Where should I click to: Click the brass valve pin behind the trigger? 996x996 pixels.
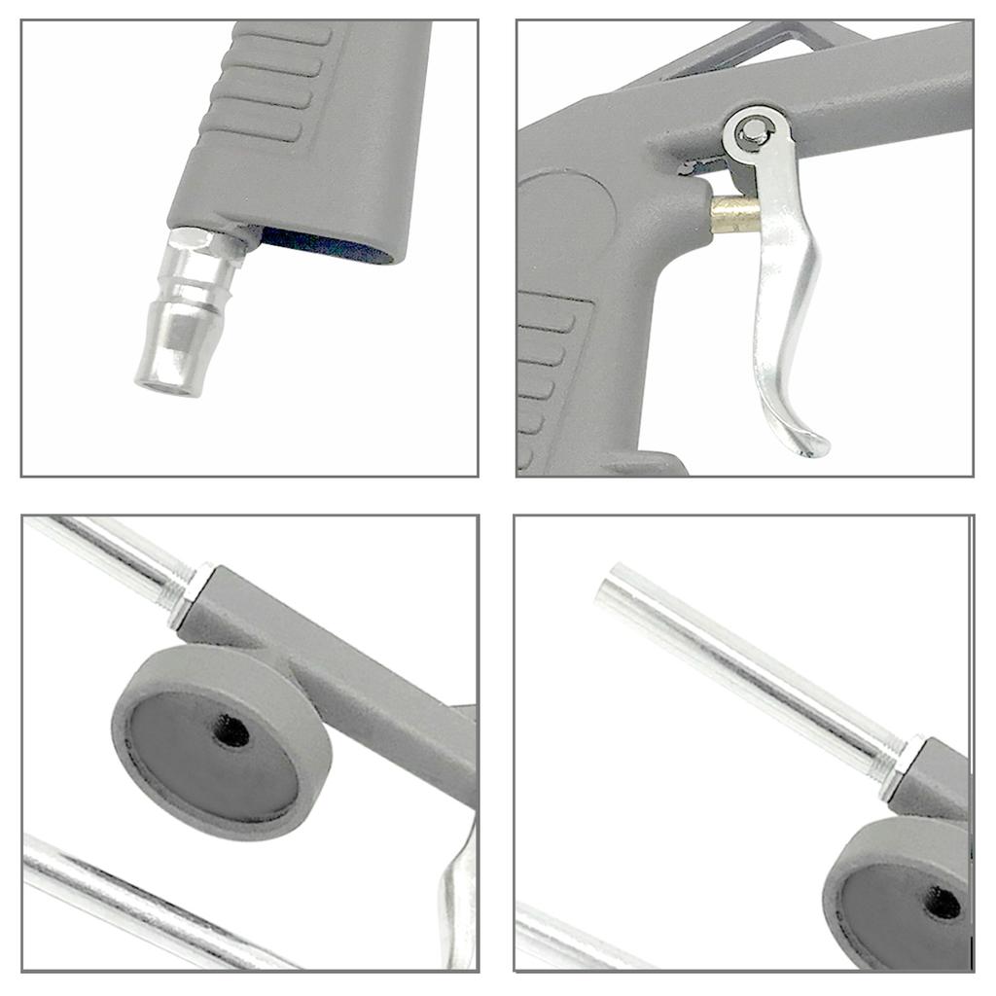(734, 215)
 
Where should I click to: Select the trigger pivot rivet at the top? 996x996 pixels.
(751, 133)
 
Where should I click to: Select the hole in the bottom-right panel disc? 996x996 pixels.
(942, 904)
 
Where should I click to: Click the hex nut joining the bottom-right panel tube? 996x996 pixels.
(900, 768)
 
